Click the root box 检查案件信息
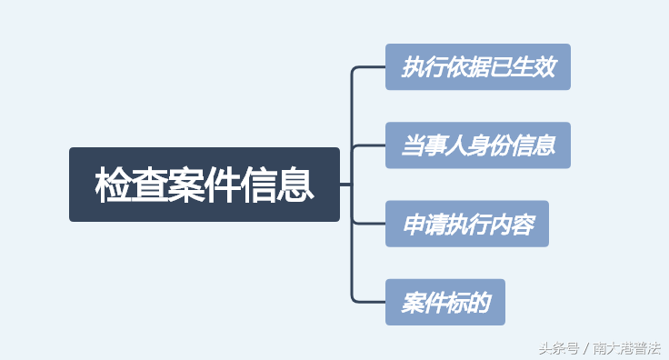[x=205, y=185]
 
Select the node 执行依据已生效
[x=478, y=66]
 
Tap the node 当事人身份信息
[x=478, y=145]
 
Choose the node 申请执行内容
[x=467, y=224]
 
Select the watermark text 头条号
[x=557, y=347]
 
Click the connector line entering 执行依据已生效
[x=369, y=67]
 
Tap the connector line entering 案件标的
[x=369, y=301]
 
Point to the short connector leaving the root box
[x=345, y=185]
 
